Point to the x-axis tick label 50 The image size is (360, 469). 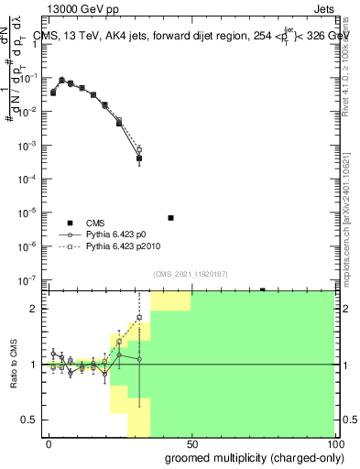click(192, 443)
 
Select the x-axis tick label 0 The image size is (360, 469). click(49, 443)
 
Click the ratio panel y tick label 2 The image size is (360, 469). click(33, 309)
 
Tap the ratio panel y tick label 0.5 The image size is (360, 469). click(28, 420)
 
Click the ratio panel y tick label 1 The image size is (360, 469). click(33, 365)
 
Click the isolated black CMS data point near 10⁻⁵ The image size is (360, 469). click(171, 218)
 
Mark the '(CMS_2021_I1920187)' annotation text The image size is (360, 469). click(190, 274)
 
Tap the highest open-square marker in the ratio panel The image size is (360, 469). click(139, 317)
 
